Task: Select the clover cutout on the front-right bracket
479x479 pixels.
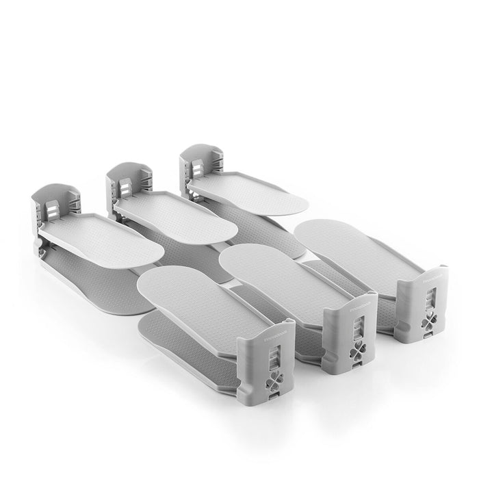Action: [428, 320]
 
